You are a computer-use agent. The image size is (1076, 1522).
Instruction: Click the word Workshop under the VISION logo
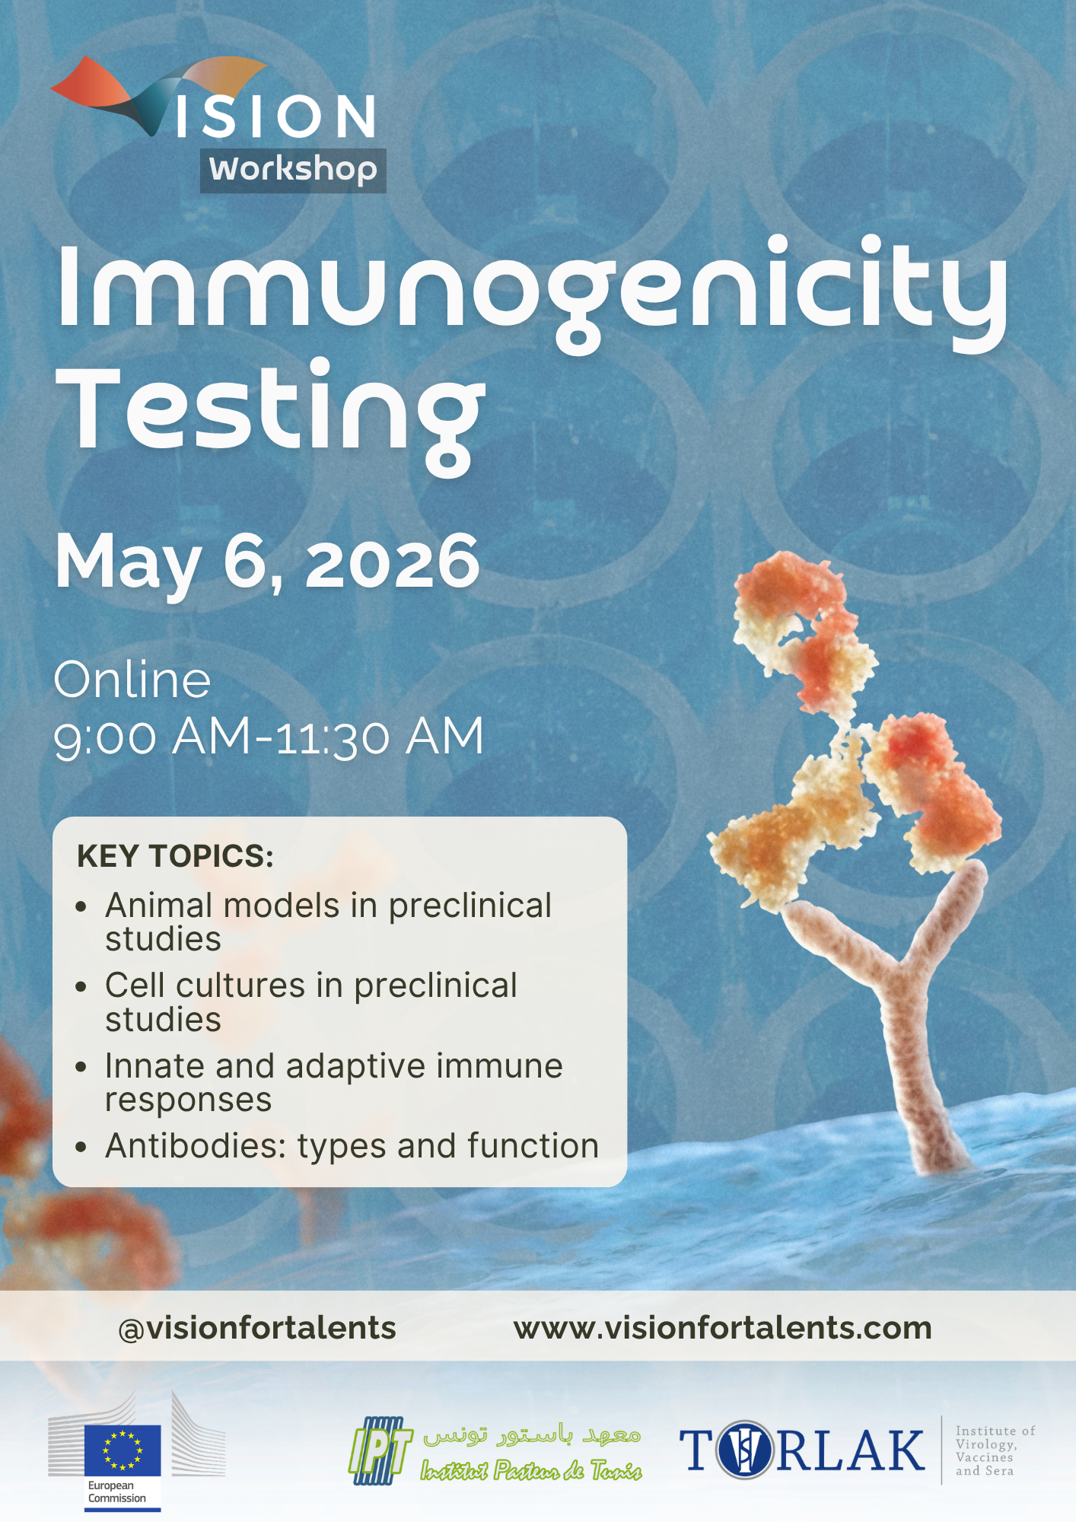point(293,170)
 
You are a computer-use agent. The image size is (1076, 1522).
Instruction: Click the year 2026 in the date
point(393,562)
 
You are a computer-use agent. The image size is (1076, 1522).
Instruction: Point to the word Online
point(132,680)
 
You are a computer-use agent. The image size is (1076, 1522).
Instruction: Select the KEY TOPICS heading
point(175,856)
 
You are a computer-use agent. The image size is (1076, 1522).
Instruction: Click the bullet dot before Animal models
point(81,907)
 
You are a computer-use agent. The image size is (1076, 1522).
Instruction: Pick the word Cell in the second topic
point(135,985)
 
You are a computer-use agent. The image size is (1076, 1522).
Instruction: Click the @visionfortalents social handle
point(257,1328)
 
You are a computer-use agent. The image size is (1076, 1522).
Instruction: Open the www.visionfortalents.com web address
point(723,1328)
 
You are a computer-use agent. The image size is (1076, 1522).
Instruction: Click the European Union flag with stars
point(123,1450)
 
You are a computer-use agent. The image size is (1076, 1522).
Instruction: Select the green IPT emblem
point(380,1450)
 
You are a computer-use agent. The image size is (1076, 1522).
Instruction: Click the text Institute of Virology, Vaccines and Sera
point(995,1450)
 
